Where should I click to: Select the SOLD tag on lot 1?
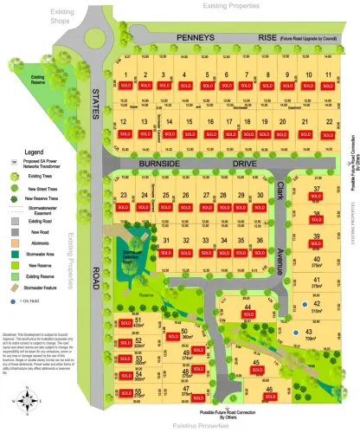pos(125,87)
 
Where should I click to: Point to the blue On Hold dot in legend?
pos(14,301)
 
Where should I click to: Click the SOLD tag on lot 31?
pos(165,251)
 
